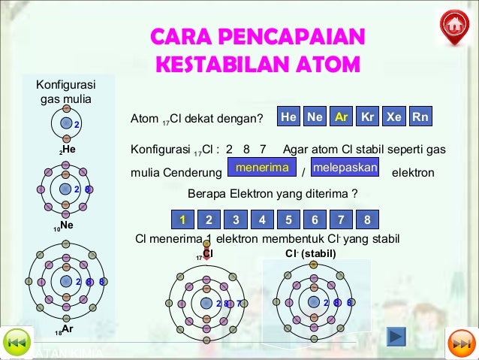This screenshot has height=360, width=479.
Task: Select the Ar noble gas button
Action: [340, 118]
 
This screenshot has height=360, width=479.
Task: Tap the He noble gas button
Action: [288, 118]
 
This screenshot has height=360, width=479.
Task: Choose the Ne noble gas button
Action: [315, 118]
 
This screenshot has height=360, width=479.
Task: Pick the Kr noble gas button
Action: [367, 118]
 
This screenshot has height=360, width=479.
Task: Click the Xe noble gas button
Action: [394, 118]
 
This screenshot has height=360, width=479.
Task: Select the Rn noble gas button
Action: [421, 118]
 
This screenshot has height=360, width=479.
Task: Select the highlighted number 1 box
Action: [182, 219]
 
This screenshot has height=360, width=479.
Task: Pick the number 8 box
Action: [366, 219]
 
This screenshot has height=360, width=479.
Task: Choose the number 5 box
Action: [288, 219]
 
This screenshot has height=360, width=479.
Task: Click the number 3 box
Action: [236, 219]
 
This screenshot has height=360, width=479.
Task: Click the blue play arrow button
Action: [396, 335]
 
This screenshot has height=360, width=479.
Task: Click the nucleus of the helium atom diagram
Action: [66, 123]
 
